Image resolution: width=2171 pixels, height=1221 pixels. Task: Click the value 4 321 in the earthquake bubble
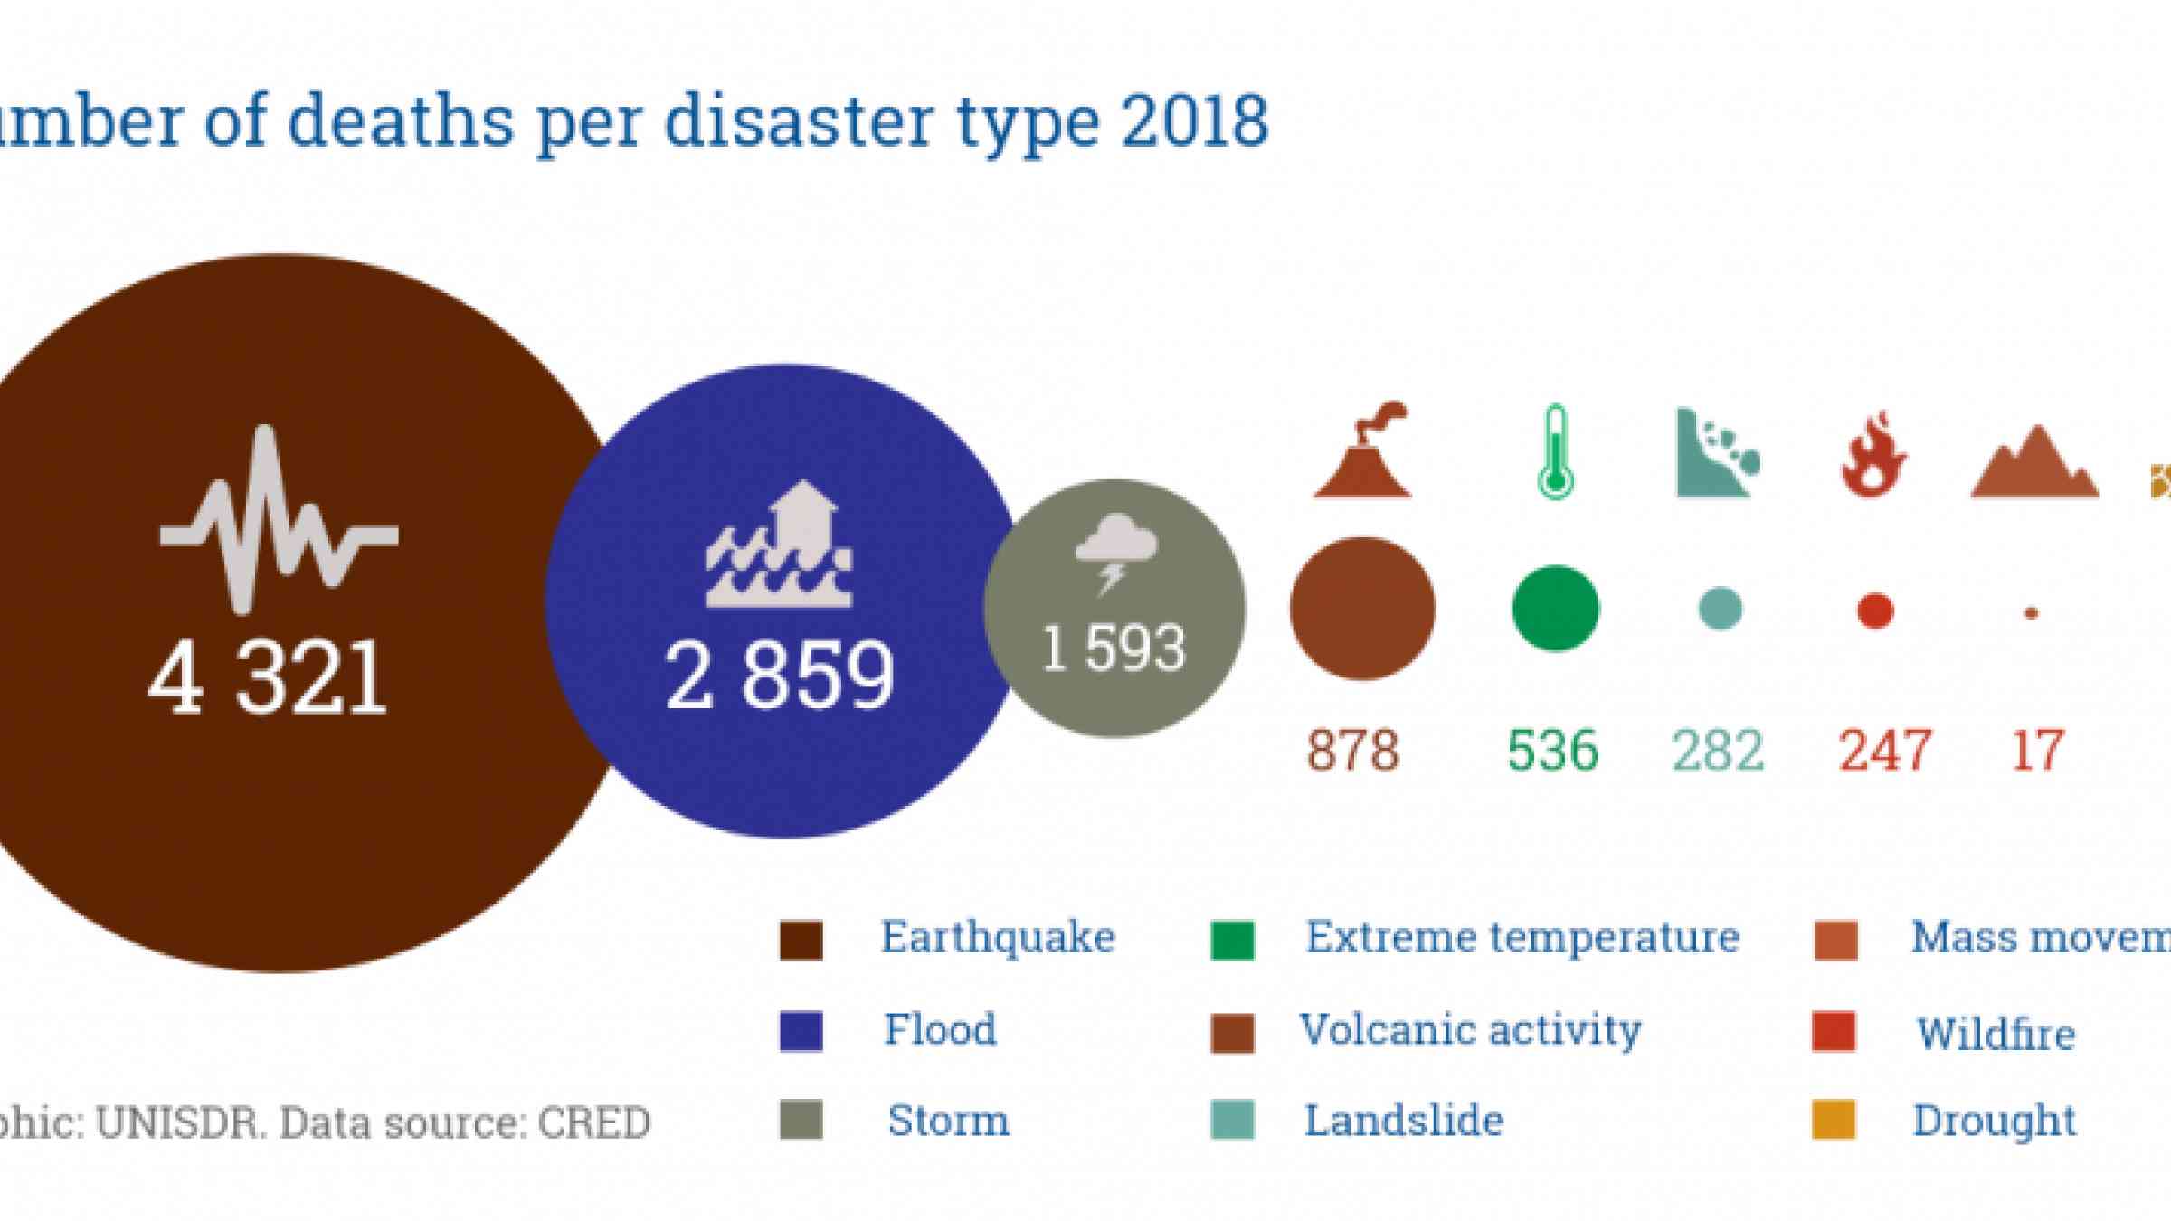[x=268, y=679]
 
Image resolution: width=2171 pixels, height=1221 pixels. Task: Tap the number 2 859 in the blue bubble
[x=780, y=676]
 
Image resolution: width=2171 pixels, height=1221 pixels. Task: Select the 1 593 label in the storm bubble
[x=1114, y=648]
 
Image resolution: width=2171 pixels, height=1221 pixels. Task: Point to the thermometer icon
[x=1555, y=451]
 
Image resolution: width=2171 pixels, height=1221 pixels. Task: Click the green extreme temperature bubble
[x=1556, y=609]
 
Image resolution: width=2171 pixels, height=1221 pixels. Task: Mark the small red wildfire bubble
[x=1875, y=610]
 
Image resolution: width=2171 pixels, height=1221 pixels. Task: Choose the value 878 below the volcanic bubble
[x=1353, y=751]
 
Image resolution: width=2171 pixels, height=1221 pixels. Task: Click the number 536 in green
[x=1553, y=751]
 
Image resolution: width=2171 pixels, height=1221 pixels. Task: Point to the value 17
[x=2036, y=751]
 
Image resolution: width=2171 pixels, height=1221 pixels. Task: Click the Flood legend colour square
[x=801, y=1031]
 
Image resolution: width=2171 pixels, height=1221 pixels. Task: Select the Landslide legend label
[x=1404, y=1121]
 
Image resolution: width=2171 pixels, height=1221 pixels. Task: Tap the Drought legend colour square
[x=1834, y=1121]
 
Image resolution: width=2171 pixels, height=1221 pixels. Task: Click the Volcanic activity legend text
[x=1470, y=1030]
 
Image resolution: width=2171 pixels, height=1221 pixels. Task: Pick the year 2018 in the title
[x=1194, y=122]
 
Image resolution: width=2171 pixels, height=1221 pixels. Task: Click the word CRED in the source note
[x=594, y=1123]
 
